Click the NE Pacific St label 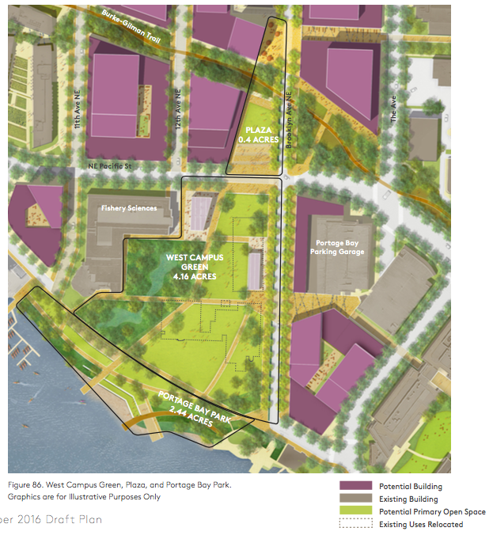coord(108,167)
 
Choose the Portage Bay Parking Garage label coord(339,247)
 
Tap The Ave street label coord(392,112)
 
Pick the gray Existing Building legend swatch coord(355,499)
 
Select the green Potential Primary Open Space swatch coord(355,512)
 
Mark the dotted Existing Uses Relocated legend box coord(355,524)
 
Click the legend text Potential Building coord(410,487)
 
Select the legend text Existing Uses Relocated coord(421,524)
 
